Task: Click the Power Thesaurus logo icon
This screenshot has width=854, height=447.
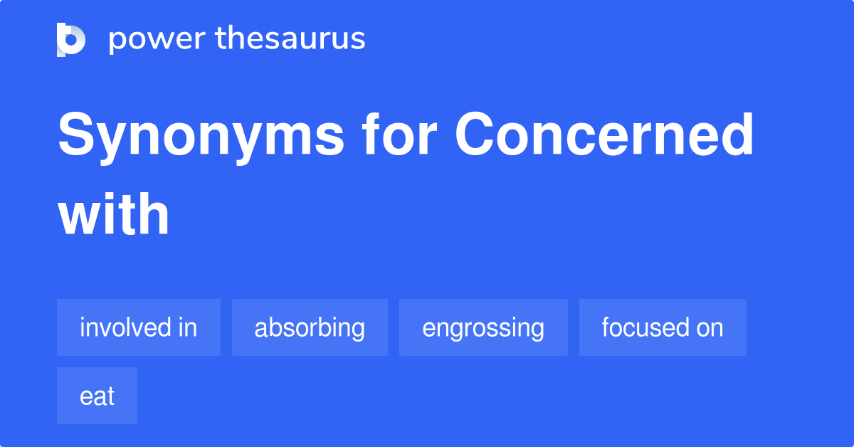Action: pos(71,40)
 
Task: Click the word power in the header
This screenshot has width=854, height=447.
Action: pos(157,40)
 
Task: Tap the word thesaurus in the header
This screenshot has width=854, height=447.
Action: pos(290,38)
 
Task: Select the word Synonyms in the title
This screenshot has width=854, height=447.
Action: pos(201,137)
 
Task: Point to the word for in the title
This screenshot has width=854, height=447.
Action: pos(399,134)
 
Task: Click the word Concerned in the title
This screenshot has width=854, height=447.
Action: pos(604,134)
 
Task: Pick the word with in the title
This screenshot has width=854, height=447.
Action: pos(113,214)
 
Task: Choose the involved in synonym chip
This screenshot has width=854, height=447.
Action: pos(139,327)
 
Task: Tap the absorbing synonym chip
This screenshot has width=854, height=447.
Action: pos(310,327)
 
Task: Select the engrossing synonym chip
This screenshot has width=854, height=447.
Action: pos(483,327)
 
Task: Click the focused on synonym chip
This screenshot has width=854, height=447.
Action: pos(663,327)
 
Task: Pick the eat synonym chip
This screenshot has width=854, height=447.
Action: pos(97,396)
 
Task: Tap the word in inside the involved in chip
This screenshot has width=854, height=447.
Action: pos(188,327)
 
